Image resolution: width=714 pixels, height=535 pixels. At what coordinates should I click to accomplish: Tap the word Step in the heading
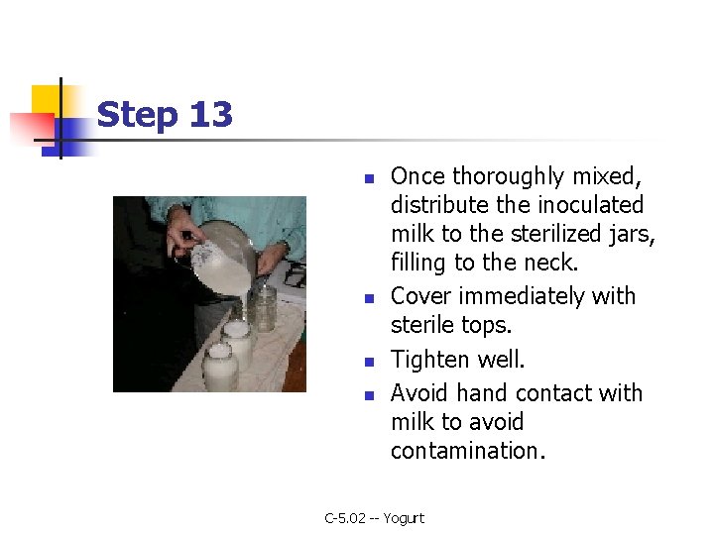click(x=137, y=116)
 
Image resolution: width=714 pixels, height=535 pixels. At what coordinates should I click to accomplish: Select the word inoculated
click(x=591, y=205)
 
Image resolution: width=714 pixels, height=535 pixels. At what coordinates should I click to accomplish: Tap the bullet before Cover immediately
click(x=369, y=298)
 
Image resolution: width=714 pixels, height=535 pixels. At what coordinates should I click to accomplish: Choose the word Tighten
click(x=429, y=360)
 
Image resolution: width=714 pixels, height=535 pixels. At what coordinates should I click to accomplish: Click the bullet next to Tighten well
click(x=369, y=362)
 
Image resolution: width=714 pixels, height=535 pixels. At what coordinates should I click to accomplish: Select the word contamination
click(x=468, y=451)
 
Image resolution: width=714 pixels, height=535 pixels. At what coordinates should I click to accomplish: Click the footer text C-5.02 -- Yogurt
click(x=374, y=518)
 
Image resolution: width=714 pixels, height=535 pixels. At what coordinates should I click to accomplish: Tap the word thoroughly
click(x=508, y=177)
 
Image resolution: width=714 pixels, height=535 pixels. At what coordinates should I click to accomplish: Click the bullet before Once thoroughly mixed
click(x=369, y=178)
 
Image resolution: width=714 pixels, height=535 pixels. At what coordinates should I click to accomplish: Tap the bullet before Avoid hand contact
click(x=369, y=395)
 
